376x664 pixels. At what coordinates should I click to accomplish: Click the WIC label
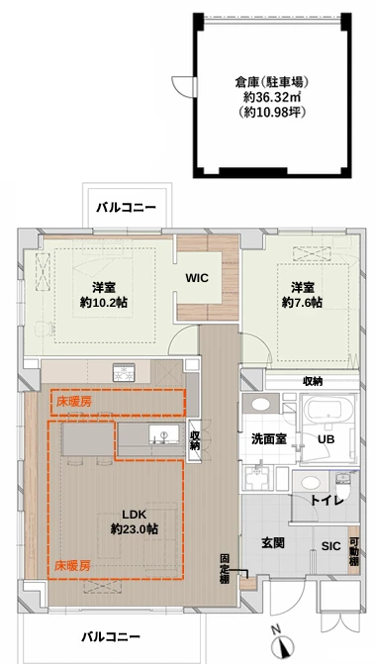click(x=197, y=278)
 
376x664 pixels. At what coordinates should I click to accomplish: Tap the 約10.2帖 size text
click(x=104, y=303)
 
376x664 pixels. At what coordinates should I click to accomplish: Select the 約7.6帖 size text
click(x=302, y=303)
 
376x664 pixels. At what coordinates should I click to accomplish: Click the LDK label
click(x=135, y=515)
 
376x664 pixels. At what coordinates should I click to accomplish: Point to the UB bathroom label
click(x=327, y=439)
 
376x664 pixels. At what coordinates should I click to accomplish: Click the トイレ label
click(x=327, y=501)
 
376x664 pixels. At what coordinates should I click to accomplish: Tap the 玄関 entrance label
click(x=272, y=542)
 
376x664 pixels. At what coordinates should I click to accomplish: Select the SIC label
click(x=330, y=546)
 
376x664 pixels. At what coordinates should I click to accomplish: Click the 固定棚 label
click(x=225, y=569)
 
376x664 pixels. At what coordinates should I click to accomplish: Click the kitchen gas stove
click(x=124, y=371)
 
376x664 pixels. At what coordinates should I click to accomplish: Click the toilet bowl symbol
click(x=341, y=483)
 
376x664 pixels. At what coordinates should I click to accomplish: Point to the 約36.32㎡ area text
click(x=272, y=97)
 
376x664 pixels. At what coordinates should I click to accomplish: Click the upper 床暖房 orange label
click(x=74, y=401)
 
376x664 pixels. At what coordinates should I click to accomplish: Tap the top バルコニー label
click(x=127, y=208)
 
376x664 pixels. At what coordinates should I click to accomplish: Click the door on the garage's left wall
click(x=183, y=87)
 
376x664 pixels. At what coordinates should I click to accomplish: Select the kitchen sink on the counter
click(x=164, y=434)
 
